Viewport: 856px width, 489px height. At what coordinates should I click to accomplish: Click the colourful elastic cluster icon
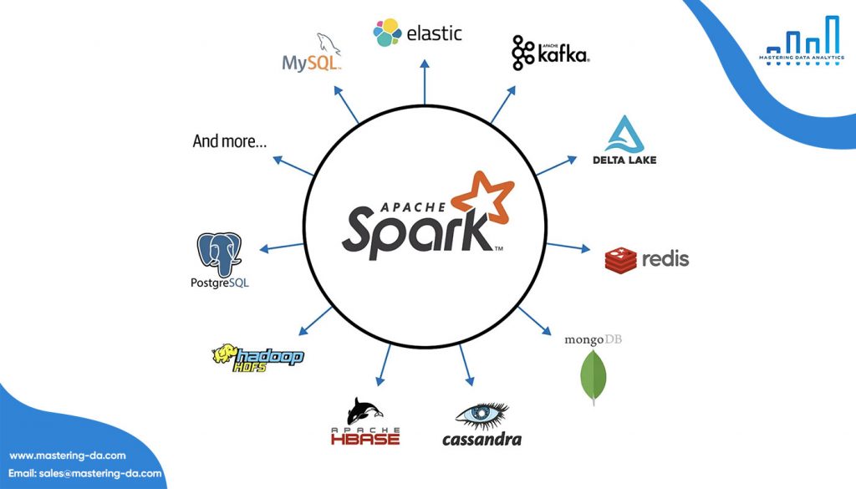click(387, 33)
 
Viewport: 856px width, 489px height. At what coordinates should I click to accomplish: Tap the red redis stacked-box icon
click(621, 260)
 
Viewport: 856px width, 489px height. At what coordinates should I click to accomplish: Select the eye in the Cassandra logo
click(481, 415)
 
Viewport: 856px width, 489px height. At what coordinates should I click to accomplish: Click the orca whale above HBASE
click(364, 410)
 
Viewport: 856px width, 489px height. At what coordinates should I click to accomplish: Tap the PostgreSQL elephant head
click(219, 253)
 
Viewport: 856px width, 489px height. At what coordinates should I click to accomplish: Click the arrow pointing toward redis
click(568, 247)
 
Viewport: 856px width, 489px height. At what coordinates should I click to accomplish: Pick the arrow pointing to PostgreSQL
click(281, 247)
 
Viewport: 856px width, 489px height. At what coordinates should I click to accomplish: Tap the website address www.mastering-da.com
click(68, 456)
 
